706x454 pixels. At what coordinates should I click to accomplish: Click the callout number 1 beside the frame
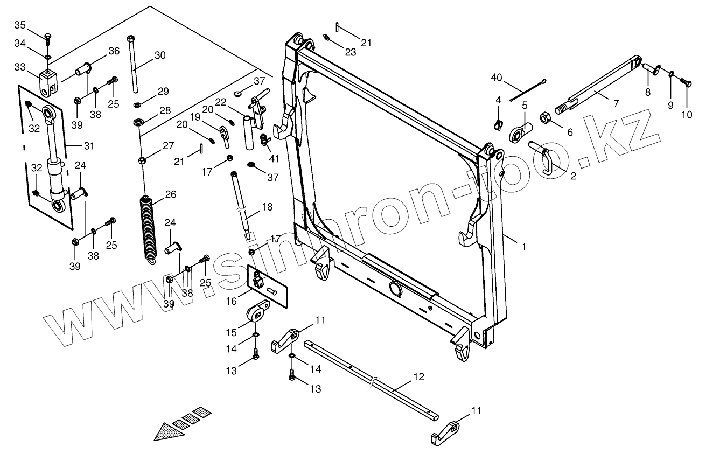click(523, 246)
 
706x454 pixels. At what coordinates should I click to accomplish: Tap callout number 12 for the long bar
click(418, 376)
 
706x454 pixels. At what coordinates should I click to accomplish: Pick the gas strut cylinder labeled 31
click(54, 156)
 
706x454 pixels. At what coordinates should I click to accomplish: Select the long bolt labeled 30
click(132, 65)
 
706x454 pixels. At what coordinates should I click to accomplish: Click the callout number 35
click(20, 25)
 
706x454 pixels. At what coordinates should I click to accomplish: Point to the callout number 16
click(231, 302)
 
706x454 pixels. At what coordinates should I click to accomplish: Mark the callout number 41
click(275, 159)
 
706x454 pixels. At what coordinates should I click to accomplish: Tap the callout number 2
click(573, 176)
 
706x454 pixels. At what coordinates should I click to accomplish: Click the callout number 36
click(114, 51)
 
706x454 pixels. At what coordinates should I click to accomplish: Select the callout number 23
click(351, 53)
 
